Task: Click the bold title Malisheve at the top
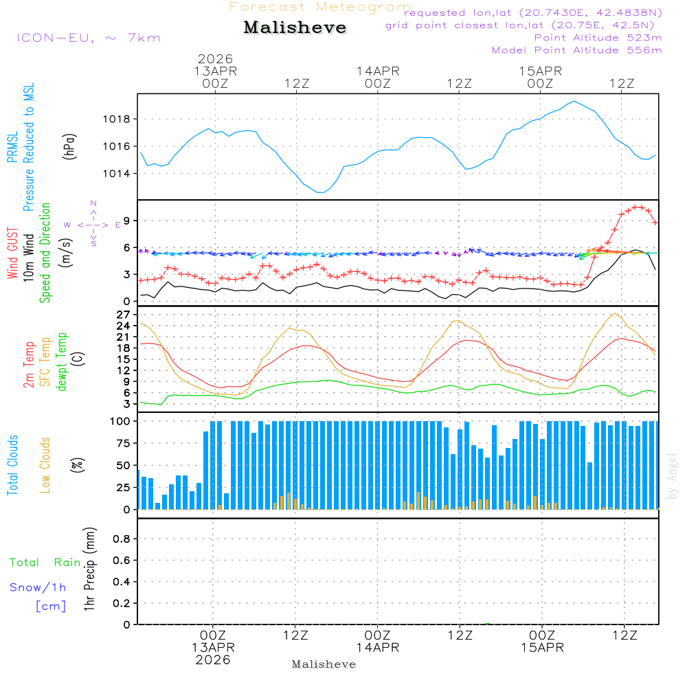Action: coord(295,27)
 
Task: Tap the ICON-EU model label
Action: coord(88,38)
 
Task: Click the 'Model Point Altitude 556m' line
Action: coord(577,50)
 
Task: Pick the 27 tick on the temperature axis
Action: coord(123,315)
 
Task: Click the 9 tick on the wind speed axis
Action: coord(126,221)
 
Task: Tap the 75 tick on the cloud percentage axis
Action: coord(123,443)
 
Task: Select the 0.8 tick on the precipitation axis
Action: coord(122,539)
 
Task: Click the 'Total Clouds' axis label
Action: coord(13,465)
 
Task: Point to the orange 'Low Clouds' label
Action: coord(45,465)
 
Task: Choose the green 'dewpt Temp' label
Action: coord(62,362)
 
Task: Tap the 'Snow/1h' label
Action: coord(38,588)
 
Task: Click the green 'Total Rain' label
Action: coord(45,563)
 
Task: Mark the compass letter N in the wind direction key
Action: coord(93,203)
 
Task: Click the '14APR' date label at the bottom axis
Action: coord(377,647)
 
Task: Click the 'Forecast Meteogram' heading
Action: coord(320,8)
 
